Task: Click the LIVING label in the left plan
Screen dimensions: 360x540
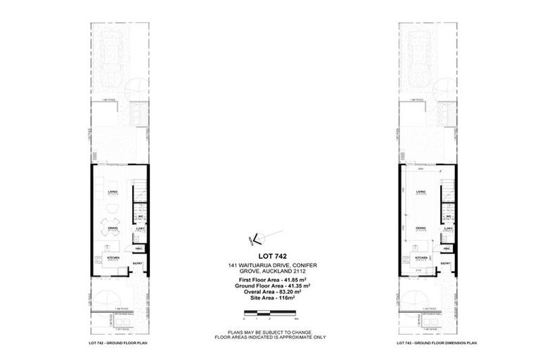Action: point(112,191)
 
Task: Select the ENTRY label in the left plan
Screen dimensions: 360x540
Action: point(139,264)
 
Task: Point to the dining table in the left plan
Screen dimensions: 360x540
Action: point(112,226)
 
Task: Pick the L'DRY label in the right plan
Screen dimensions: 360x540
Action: point(448,229)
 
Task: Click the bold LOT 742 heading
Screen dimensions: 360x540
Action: point(270,255)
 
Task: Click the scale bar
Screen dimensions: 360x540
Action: point(270,311)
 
